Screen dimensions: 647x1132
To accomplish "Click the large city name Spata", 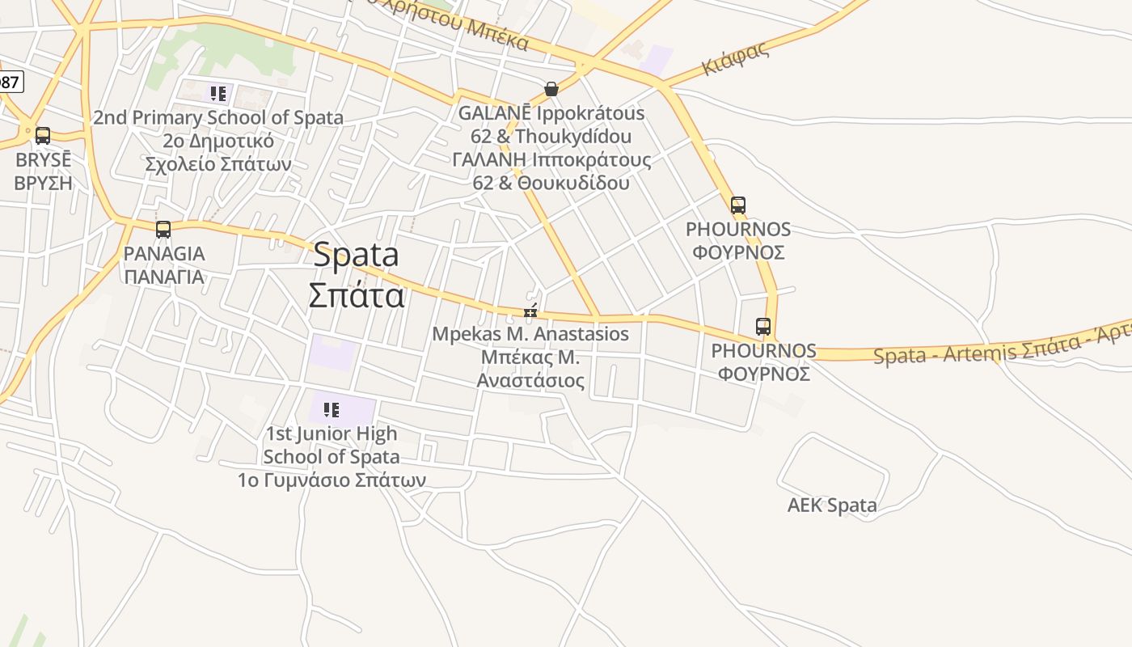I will (x=356, y=255).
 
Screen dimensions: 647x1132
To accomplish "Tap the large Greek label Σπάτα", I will (x=356, y=295).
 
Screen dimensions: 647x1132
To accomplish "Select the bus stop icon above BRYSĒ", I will (x=43, y=136).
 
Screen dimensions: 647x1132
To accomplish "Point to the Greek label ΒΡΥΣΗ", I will (x=44, y=183).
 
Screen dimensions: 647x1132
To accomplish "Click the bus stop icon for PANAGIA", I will (x=163, y=230).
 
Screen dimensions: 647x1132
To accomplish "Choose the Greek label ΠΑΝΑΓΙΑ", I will (x=164, y=277).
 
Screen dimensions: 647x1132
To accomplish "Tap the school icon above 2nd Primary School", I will (x=218, y=94).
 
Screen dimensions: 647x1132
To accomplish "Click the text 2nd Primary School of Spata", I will (x=218, y=118).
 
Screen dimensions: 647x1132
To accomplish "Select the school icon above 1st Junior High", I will (x=331, y=410).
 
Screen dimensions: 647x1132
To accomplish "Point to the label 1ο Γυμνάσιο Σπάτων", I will (x=332, y=480).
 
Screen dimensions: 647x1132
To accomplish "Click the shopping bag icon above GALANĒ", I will (x=551, y=89).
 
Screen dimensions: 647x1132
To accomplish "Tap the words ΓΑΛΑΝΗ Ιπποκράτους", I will (x=551, y=160).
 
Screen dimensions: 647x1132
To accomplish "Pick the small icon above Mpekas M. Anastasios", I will (x=530, y=311).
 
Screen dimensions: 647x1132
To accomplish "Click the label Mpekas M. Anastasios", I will (x=530, y=334).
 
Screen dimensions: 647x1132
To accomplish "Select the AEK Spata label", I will (x=832, y=506).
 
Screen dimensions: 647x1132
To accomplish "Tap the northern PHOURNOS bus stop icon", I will (x=738, y=205).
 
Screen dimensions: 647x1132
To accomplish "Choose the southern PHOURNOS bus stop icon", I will (x=763, y=327).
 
